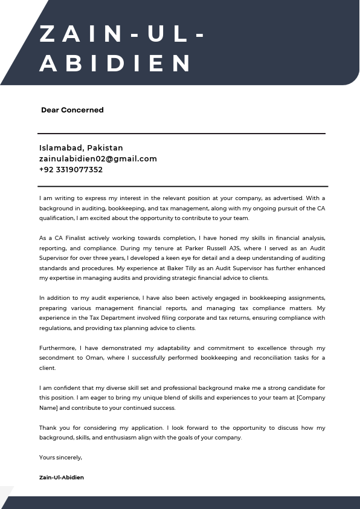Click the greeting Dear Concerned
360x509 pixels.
72,110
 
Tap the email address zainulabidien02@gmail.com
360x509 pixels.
98,159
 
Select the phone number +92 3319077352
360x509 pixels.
71,170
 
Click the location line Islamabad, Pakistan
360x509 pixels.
81,148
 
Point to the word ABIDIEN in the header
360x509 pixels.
116,63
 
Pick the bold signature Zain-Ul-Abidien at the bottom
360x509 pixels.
62,478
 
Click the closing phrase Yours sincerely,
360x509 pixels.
60,457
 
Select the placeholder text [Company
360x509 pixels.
311,398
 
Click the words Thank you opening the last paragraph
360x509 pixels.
53,427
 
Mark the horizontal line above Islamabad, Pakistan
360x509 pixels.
181,133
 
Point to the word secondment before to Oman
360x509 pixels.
57,358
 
